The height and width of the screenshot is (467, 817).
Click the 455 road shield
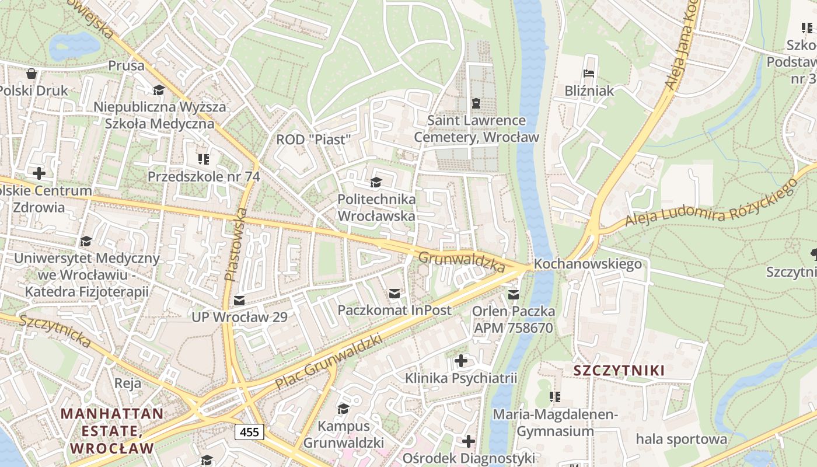coord(250,432)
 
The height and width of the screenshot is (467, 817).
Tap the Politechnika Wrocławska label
coord(376,207)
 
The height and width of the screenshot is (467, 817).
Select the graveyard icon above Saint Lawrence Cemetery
coord(476,103)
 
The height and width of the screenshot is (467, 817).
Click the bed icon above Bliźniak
coord(589,74)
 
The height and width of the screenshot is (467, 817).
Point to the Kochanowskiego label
coord(588,264)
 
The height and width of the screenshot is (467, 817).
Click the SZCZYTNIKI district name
coord(619,370)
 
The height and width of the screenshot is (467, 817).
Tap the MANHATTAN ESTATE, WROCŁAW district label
coord(113,431)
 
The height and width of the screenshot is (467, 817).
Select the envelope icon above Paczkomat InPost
coord(394,293)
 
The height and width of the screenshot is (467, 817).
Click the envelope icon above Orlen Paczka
coord(513,294)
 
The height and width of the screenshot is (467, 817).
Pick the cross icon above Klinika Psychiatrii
coord(460,361)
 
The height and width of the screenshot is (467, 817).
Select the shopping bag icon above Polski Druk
coord(32,74)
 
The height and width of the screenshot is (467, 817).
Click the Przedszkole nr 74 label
coord(204,176)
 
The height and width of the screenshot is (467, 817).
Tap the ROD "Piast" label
coord(313,140)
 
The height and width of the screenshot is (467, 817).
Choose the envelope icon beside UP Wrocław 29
coord(239,300)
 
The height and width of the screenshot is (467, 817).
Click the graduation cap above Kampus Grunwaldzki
coord(343,408)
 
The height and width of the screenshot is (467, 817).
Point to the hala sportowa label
coord(682,438)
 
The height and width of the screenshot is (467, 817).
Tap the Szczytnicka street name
coord(55,331)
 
